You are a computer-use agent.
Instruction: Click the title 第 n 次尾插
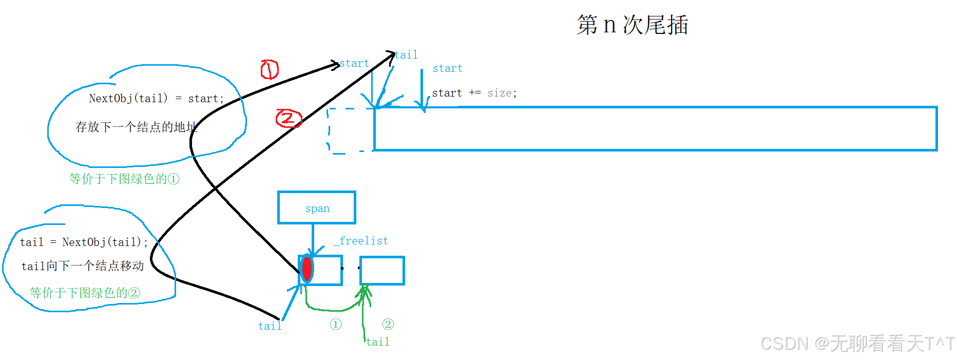[632, 25]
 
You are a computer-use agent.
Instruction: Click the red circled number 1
[270, 69]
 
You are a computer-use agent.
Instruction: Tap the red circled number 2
[288, 119]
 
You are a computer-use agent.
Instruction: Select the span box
[317, 207]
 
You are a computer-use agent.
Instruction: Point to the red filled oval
[307, 269]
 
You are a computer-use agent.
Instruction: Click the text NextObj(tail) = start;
[156, 99]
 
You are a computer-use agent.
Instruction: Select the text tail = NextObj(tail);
[84, 242]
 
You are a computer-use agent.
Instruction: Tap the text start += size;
[474, 93]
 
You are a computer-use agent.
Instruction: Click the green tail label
[378, 342]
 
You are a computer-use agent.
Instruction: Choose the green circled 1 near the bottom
[336, 325]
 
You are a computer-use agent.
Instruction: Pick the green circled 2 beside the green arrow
[388, 325]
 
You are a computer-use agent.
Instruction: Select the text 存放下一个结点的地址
[136, 127]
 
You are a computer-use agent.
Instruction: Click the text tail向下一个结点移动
[83, 266]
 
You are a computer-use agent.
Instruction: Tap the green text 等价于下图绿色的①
[124, 179]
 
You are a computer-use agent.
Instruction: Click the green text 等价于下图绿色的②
[85, 293]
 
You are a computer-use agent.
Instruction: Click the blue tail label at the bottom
[270, 326]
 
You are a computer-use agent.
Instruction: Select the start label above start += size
[447, 68]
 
